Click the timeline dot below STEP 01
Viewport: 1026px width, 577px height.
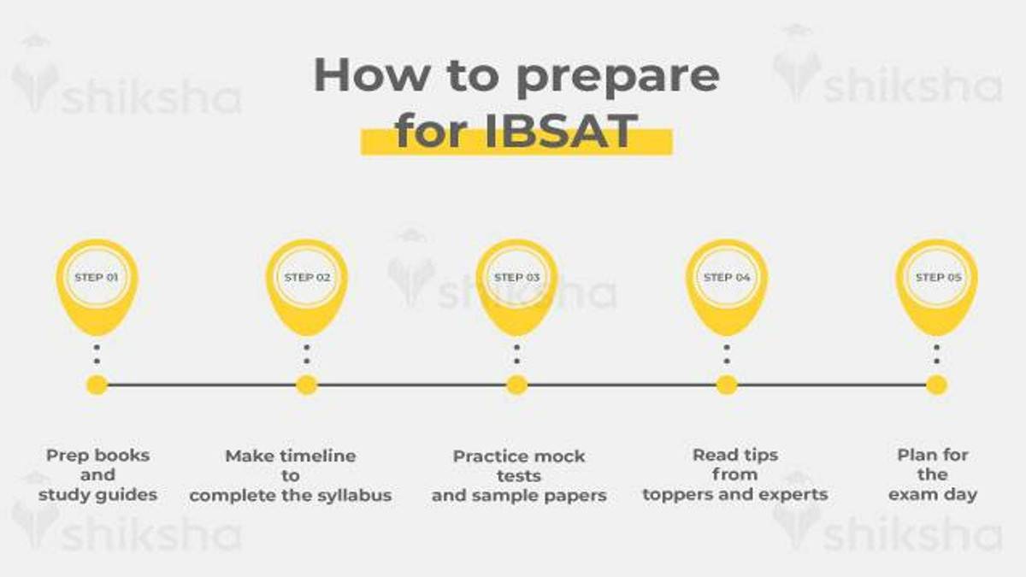(97, 385)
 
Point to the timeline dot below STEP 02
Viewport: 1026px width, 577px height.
(306, 385)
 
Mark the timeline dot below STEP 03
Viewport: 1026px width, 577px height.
(516, 385)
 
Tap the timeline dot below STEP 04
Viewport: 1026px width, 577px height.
(727, 385)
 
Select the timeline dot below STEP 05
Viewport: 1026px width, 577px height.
(937, 385)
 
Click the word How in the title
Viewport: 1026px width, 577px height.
(371, 75)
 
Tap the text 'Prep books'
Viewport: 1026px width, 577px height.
(97, 456)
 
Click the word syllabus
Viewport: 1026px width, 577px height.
(351, 496)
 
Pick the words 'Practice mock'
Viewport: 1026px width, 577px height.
(519, 456)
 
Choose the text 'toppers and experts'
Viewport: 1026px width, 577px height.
(734, 494)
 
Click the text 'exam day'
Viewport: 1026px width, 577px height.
(932, 494)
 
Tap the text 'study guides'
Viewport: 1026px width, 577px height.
(97, 495)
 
